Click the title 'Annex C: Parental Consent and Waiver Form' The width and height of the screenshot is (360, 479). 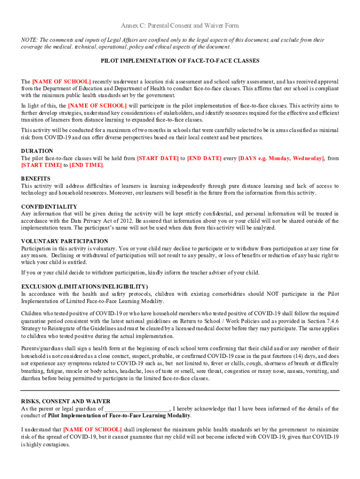180,25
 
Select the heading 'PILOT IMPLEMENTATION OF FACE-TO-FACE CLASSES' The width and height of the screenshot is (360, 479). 180,61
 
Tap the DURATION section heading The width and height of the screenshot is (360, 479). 37,151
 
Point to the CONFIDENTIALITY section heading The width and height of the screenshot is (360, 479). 49,206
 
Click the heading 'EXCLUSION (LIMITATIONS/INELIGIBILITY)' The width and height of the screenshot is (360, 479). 85,286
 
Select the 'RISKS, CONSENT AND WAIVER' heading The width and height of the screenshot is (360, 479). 66,401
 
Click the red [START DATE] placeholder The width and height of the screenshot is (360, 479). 158,159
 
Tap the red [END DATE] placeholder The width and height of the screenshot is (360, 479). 204,159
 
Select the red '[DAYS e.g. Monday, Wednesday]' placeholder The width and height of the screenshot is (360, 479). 281,159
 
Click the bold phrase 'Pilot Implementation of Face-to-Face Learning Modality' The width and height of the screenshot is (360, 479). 119,416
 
